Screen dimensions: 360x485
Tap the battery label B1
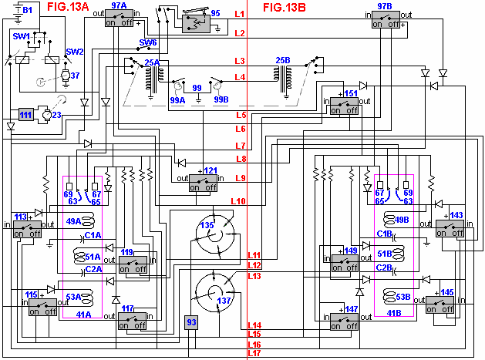click(27, 10)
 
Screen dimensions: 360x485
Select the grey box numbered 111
click(26, 114)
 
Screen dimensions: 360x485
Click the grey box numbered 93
click(192, 322)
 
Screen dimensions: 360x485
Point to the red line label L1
click(239, 15)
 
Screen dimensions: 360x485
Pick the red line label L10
click(237, 201)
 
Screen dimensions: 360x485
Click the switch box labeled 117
click(133, 321)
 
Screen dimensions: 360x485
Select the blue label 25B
click(283, 59)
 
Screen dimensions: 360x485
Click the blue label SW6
click(147, 42)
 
